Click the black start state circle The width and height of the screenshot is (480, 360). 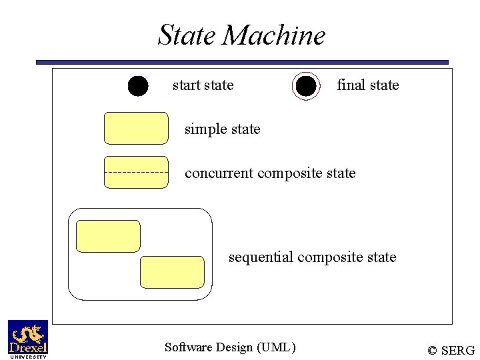pyautogui.click(x=138, y=86)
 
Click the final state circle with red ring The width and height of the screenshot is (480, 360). pyautogui.click(x=305, y=86)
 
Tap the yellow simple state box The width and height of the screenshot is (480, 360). pyautogui.click(x=136, y=128)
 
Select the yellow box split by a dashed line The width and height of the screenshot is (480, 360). pyautogui.click(x=136, y=172)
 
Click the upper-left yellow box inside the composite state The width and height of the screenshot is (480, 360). pyautogui.click(x=108, y=236)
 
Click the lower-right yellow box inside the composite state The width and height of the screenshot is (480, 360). pyautogui.click(x=172, y=272)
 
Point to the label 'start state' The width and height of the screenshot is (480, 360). pyautogui.click(x=203, y=85)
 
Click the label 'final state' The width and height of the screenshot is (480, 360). pyautogui.click(x=367, y=85)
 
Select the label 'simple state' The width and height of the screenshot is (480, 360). pyautogui.click(x=222, y=129)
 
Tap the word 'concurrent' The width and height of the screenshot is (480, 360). pyautogui.click(x=219, y=173)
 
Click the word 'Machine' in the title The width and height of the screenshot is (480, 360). pyautogui.click(x=274, y=35)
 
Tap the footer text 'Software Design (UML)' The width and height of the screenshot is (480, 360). pyautogui.click(x=229, y=347)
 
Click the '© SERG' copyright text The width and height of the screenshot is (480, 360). pyautogui.click(x=451, y=350)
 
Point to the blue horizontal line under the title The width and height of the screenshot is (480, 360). pyautogui.click(x=242, y=62)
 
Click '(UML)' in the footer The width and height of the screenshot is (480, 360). pyautogui.click(x=275, y=347)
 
